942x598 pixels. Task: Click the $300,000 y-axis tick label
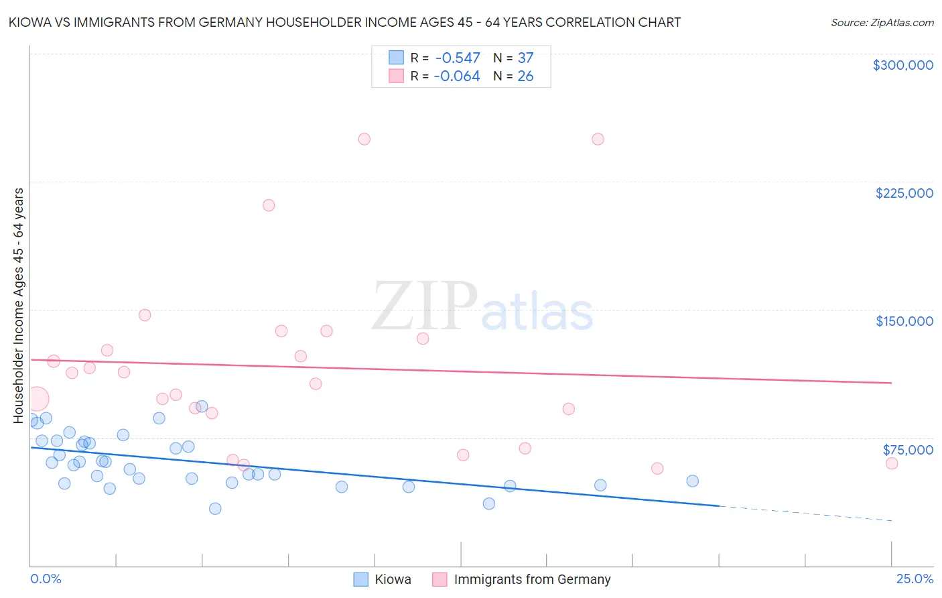pos(902,65)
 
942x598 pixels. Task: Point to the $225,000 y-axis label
pos(904,193)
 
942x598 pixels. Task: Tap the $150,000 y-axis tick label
pos(904,321)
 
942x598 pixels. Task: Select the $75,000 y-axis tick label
pos(908,450)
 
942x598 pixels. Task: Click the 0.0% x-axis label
pos(46,579)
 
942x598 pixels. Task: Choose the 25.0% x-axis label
pos(915,579)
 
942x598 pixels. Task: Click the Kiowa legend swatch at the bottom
pos(361,579)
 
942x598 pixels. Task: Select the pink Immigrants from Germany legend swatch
pos(440,579)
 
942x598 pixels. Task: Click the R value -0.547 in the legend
pos(457,58)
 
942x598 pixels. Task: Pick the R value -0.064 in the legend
pos(457,76)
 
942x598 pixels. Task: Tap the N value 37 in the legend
pos(525,58)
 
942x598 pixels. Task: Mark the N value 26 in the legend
pos(525,76)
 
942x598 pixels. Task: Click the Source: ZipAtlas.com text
pos(882,23)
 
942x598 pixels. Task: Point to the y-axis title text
pos(19,305)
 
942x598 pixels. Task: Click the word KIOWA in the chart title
pos(31,23)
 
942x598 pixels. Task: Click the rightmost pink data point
pos(891,463)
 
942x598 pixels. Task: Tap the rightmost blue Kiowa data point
pos(692,481)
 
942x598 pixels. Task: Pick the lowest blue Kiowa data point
pos(215,508)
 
